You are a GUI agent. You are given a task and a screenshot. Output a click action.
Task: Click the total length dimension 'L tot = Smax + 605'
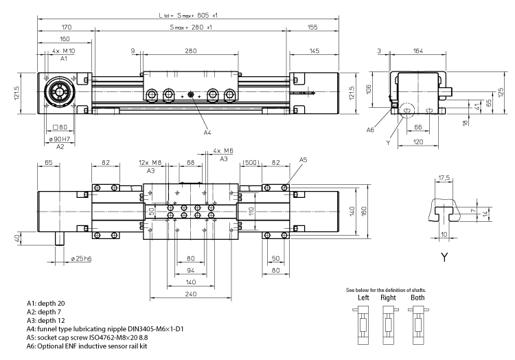tap(186, 14)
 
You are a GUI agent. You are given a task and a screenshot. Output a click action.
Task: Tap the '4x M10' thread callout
tap(64, 52)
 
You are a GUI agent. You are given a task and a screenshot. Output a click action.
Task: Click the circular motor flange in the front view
tap(57, 93)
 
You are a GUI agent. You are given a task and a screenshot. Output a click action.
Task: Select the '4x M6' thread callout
tap(223, 150)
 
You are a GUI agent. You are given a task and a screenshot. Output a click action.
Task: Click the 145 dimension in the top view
tap(314, 52)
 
